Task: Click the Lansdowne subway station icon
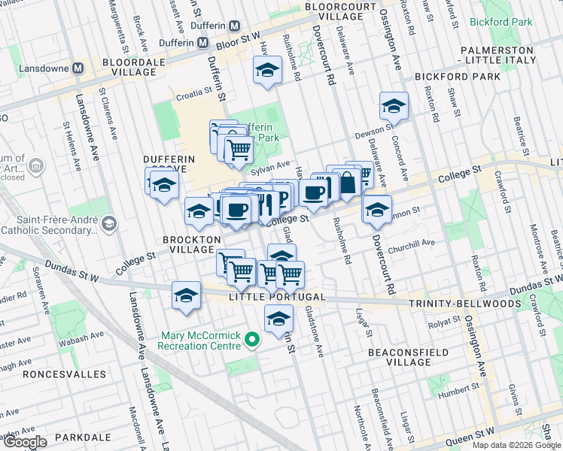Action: pyautogui.click(x=78, y=68)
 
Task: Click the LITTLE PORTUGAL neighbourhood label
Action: pyautogui.click(x=277, y=297)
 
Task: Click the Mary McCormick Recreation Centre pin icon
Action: pyautogui.click(x=253, y=341)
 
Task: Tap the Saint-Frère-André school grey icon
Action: pyautogui.click(x=110, y=224)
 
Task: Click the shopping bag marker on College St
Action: pyautogui.click(x=347, y=183)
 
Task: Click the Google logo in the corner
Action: pyautogui.click(x=24, y=442)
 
